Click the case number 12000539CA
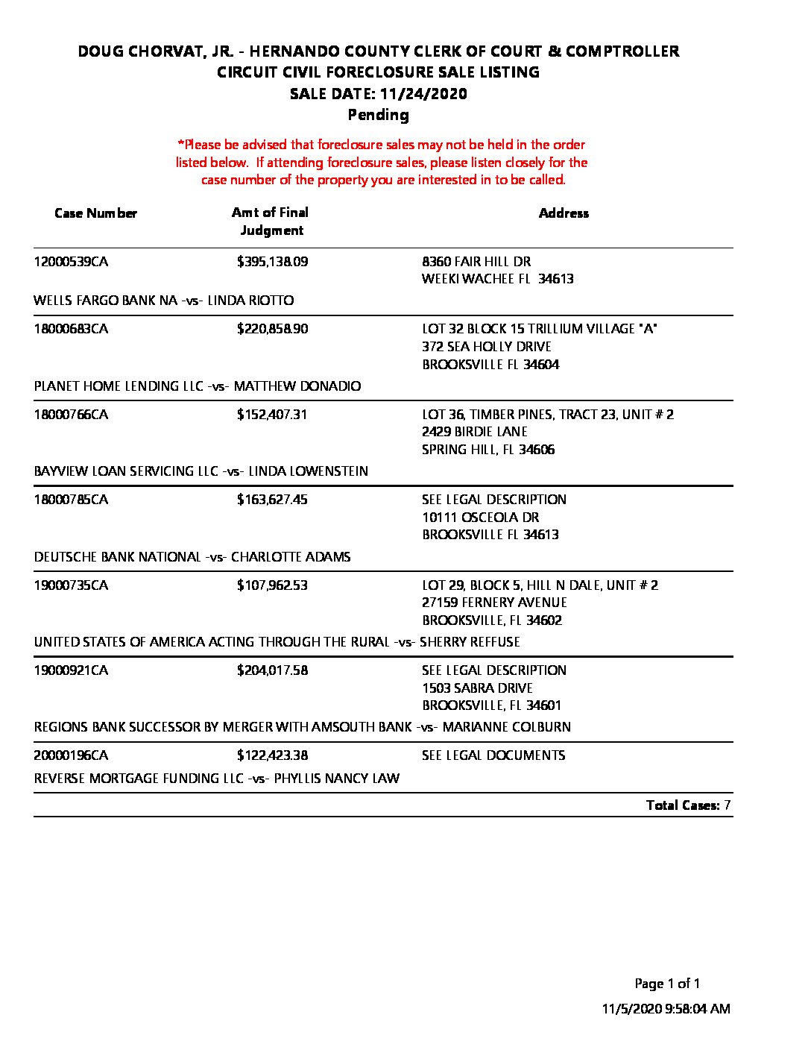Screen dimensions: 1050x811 coord(71,262)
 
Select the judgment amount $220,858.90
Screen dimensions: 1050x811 coord(272,329)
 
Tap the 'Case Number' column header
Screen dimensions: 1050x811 coord(96,213)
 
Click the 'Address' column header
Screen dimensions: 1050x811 coord(564,213)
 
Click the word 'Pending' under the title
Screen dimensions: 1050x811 coord(379,115)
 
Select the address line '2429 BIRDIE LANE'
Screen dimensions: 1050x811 coord(475,432)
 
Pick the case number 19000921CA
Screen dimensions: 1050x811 coord(71,670)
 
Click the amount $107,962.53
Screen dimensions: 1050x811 coord(272,585)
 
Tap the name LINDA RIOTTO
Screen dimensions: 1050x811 coord(250,301)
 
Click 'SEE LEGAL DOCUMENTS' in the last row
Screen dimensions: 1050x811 coord(493,755)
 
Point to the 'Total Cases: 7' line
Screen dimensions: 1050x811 coord(688,805)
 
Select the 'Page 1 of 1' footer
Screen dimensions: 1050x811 coord(667,984)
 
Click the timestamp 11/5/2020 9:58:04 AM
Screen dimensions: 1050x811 coord(666,1009)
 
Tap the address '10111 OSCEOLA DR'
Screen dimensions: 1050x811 coord(480,518)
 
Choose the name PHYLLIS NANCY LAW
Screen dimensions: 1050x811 coord(336,779)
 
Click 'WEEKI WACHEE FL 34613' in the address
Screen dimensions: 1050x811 coord(497,279)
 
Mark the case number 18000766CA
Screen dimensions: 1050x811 coord(71,415)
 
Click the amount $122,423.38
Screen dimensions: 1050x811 coord(272,755)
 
